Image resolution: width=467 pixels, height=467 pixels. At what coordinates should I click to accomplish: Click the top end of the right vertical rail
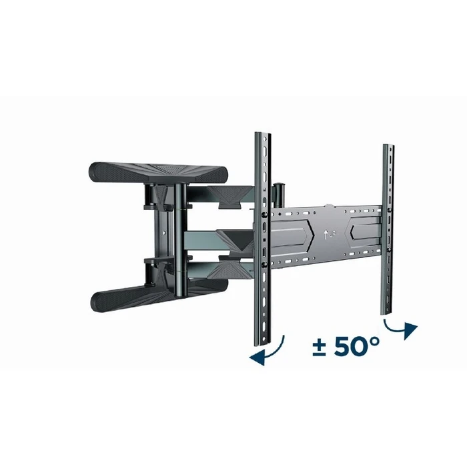coord(387,146)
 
